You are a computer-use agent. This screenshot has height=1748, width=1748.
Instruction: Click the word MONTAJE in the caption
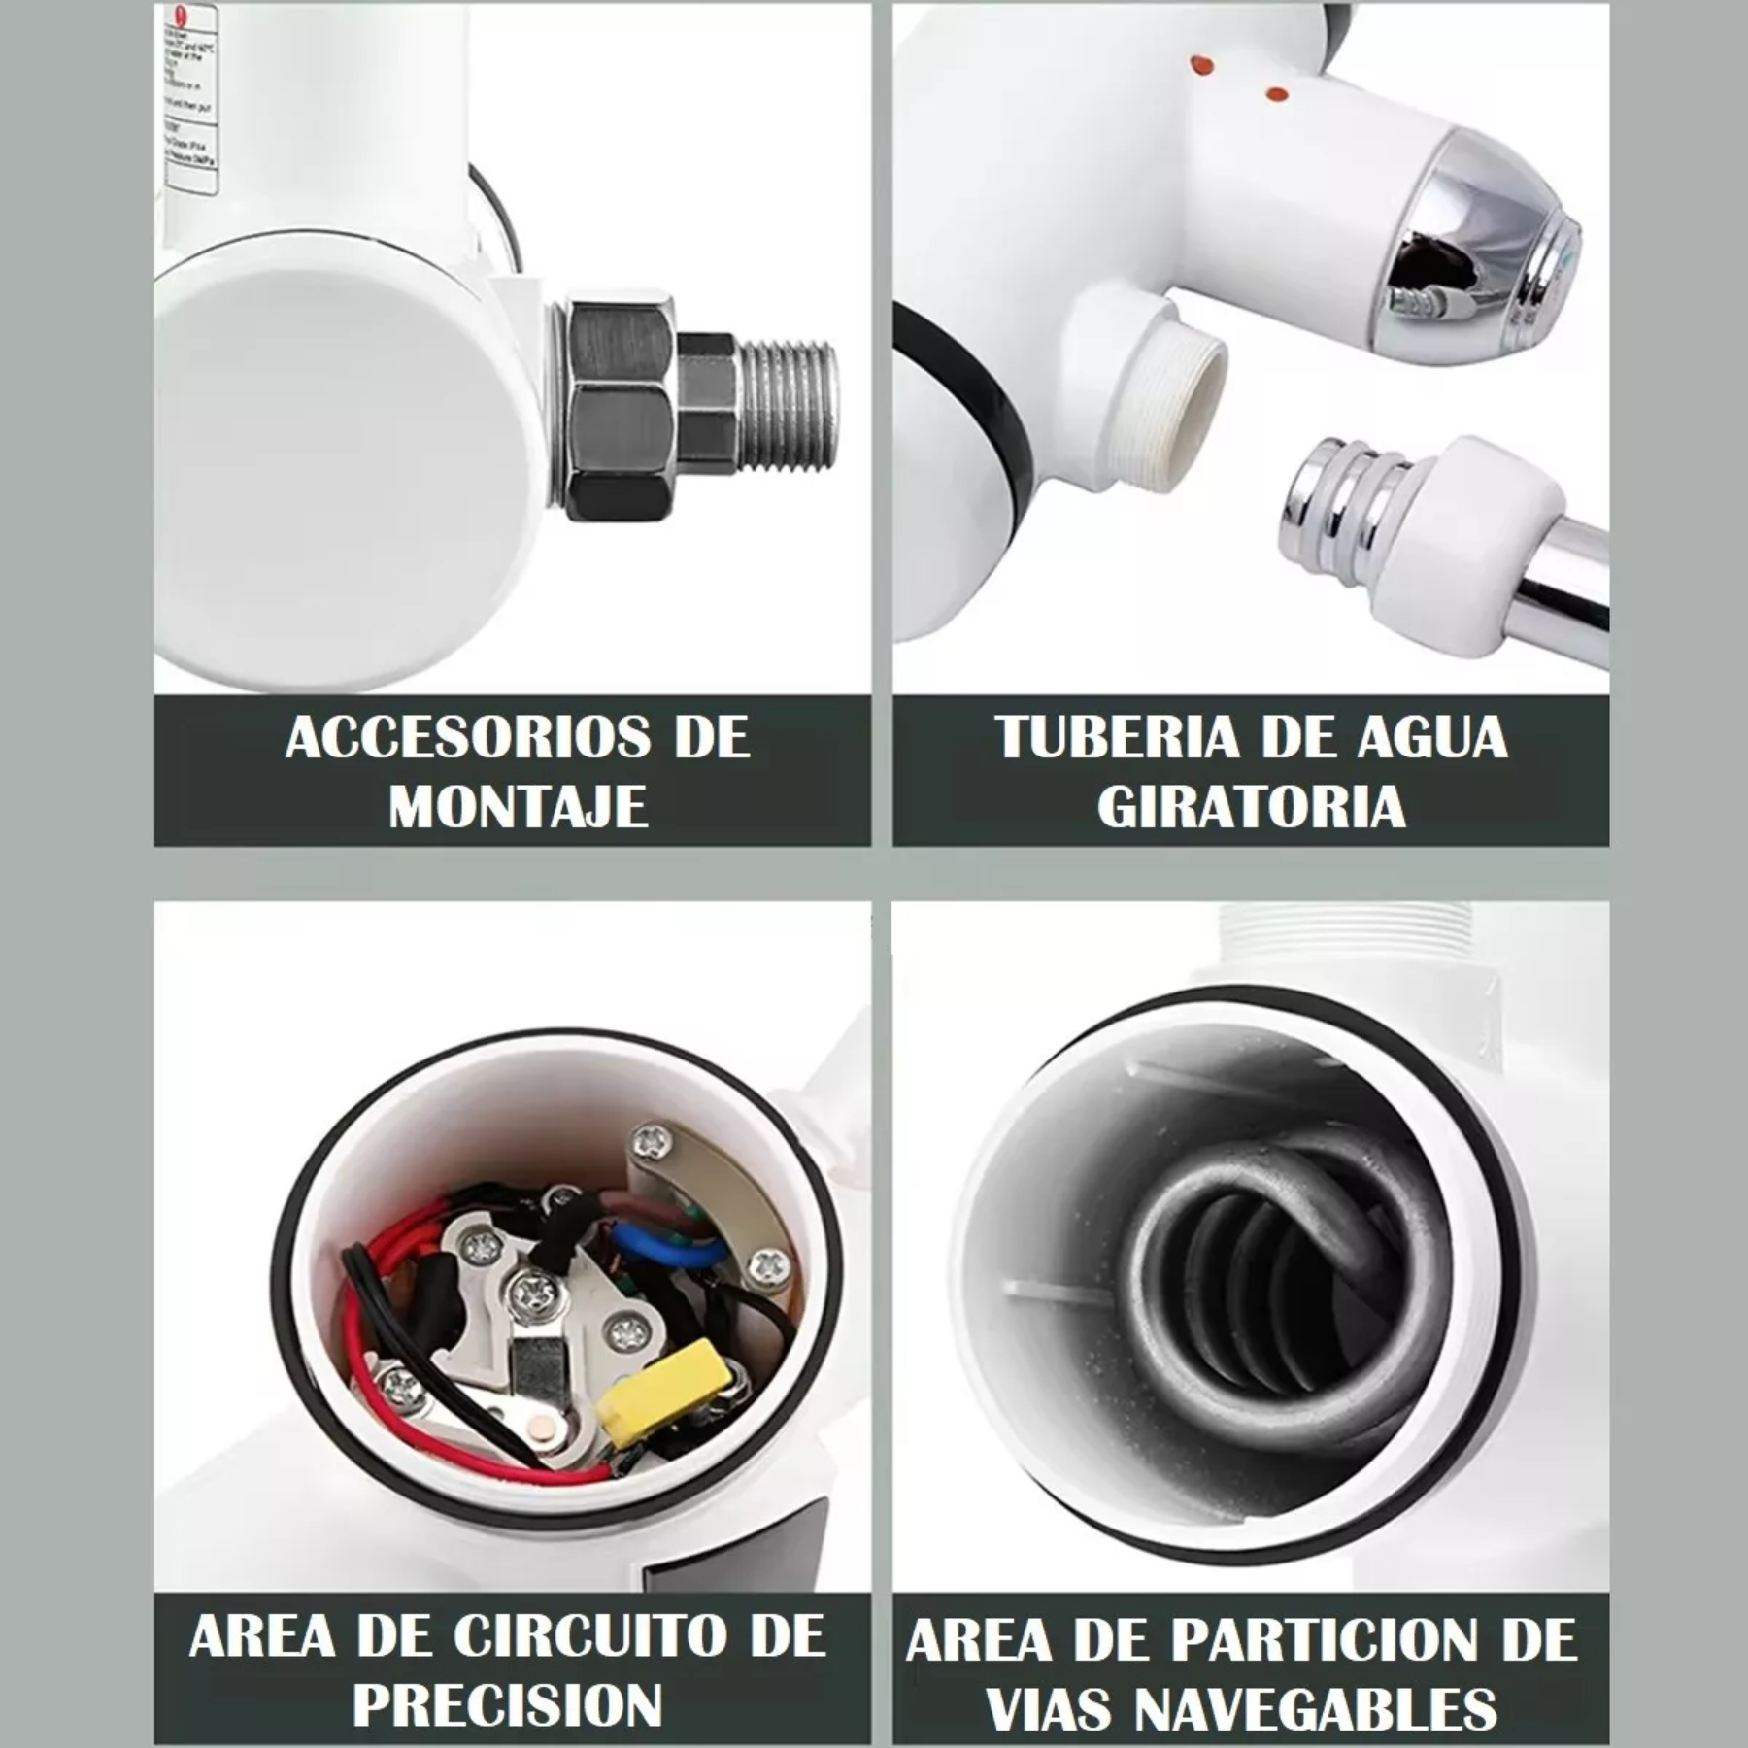tap(518, 806)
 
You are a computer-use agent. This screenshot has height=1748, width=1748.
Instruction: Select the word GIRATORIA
tap(1251, 806)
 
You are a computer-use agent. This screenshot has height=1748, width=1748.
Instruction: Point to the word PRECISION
tap(507, 1704)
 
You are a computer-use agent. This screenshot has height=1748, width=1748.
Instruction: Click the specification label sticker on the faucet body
tap(192, 97)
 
